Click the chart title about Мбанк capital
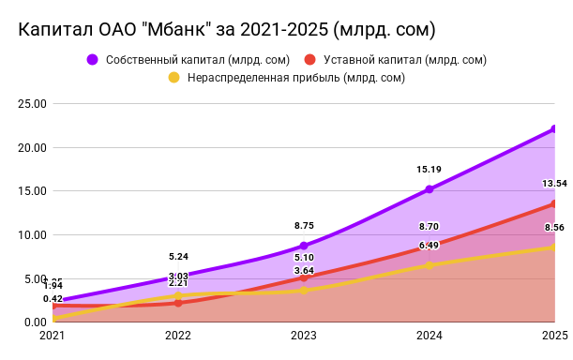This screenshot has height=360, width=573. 226,30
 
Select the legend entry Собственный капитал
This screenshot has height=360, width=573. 169,60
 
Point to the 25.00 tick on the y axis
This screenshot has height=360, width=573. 33,103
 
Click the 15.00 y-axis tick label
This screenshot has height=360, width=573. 33,190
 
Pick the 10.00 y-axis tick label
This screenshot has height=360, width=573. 33,234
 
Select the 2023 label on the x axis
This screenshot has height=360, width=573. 304,335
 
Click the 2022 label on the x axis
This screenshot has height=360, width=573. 178,335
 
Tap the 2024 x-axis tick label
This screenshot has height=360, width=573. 430,335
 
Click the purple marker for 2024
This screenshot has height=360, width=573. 430,189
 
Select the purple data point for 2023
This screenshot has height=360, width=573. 304,246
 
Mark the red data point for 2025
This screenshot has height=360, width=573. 554,203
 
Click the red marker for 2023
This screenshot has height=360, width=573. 304,277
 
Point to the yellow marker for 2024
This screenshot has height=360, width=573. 430,265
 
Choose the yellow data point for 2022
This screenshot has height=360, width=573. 178,296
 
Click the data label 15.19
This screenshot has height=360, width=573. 430,170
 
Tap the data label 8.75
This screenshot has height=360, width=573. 304,226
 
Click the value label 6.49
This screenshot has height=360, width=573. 430,246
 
